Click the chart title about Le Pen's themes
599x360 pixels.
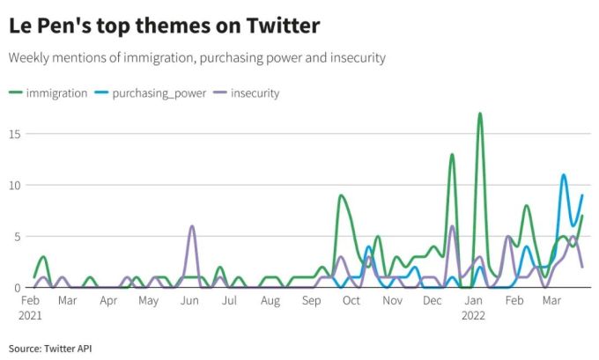(164, 26)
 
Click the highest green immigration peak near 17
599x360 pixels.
(480, 114)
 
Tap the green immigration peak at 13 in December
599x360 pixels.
(452, 155)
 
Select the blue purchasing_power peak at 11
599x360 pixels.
(564, 175)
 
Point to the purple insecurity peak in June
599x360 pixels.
(192, 226)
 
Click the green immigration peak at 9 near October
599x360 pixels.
(341, 195)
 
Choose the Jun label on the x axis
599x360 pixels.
(189, 301)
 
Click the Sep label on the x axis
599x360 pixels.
(311, 301)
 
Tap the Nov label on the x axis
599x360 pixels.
(392, 301)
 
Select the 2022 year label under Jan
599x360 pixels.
(474, 314)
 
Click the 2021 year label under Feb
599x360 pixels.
(31, 314)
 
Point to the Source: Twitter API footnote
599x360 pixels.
(50, 349)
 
